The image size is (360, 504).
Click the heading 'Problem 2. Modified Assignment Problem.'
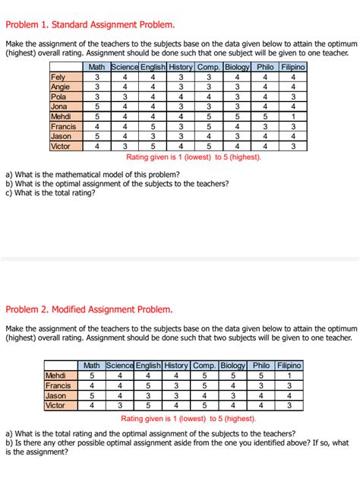[x=89, y=309]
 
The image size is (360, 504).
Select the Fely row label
[x=57, y=77]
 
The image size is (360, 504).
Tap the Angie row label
[x=60, y=87]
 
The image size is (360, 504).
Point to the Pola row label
[x=58, y=97]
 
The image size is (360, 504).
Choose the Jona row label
[x=58, y=106]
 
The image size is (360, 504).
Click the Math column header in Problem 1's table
[x=96, y=67]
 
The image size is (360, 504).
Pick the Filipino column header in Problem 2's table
[x=289, y=366]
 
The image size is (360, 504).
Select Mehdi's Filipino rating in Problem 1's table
[x=292, y=116]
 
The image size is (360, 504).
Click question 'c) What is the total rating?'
[x=51, y=193]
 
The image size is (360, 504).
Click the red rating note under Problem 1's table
[x=193, y=157]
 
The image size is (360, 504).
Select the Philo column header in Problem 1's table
[x=265, y=67]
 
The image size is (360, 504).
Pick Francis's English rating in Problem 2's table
[x=148, y=385]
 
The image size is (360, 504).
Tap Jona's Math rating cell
[x=96, y=106]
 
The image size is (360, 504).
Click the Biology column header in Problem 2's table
[x=233, y=366]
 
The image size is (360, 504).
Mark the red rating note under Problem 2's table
[x=188, y=418]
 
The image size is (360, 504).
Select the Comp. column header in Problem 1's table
[x=209, y=67]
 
